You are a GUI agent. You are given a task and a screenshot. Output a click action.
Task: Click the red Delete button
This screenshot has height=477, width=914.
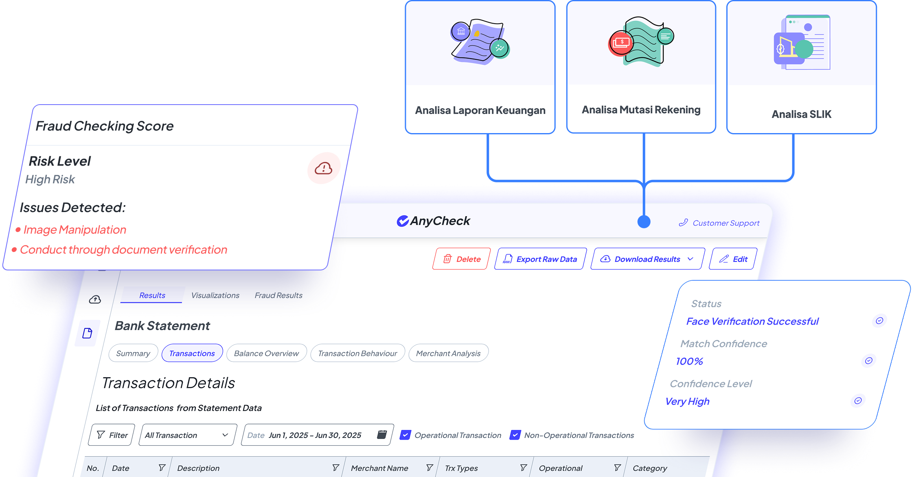coord(461,259)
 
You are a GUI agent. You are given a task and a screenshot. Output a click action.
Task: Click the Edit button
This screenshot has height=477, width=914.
coord(733,259)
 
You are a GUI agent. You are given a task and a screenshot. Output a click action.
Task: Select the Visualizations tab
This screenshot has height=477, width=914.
coord(215,295)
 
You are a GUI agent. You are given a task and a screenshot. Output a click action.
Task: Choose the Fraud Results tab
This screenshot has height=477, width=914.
coord(278,295)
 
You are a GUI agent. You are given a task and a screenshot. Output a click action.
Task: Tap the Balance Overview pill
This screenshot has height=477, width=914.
coord(266,353)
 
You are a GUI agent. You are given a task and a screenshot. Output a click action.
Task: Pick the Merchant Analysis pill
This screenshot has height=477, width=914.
coord(448,353)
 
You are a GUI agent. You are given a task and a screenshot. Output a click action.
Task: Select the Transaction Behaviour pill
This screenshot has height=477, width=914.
coord(357,353)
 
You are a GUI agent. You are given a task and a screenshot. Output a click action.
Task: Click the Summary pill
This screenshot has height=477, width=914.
coord(133,353)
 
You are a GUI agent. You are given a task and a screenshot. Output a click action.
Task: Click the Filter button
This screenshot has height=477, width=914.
coord(112,435)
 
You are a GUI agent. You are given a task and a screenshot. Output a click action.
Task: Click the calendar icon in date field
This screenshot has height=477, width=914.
coord(381,435)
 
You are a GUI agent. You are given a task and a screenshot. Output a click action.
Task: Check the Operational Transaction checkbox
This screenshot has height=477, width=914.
coord(405,435)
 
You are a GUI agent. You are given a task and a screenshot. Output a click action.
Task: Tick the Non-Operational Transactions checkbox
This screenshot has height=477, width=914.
coord(515,435)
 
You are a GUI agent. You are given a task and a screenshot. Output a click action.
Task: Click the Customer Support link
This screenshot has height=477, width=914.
coord(719,223)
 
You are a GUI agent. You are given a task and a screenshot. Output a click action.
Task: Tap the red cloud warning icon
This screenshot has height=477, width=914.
coord(324,168)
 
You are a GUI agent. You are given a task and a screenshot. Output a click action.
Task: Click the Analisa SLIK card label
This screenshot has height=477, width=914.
coord(801,114)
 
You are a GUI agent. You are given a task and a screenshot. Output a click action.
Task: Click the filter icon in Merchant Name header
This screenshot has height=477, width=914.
coord(429,468)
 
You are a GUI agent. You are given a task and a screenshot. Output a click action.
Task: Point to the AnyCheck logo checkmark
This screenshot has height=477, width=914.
coord(403,221)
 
